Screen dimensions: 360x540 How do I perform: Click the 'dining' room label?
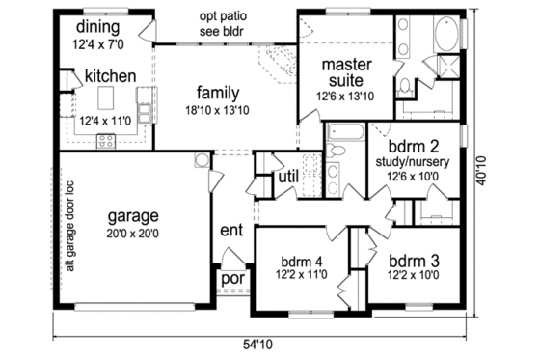99,26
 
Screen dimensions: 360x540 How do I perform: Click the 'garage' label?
133,215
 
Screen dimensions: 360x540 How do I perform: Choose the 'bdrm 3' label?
414,261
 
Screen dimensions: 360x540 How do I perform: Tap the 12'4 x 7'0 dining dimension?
99,42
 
